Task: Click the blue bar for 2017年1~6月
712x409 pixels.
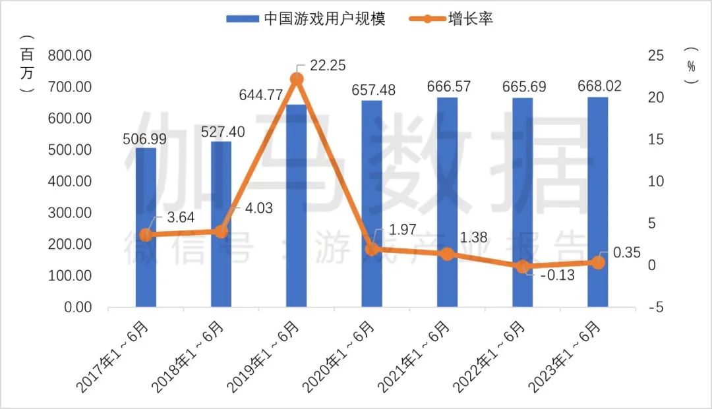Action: [x=146, y=227]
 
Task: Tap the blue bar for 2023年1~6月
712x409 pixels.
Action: [x=597, y=202]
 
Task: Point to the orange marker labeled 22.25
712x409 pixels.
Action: [x=296, y=79]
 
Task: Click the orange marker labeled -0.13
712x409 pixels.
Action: [x=522, y=267]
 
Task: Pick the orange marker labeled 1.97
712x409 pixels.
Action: [x=372, y=249]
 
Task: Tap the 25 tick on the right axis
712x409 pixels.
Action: [x=655, y=55]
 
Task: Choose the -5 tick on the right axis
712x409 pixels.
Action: [x=655, y=308]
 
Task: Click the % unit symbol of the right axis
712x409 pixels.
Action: [x=690, y=66]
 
